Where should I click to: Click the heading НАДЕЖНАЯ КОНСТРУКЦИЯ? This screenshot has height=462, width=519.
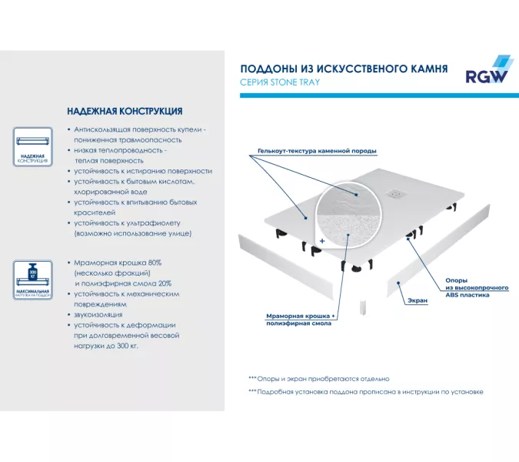[124, 112]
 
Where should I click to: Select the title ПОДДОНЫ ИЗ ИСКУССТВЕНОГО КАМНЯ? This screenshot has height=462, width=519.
[344, 69]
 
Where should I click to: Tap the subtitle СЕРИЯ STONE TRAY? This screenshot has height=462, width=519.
[280, 82]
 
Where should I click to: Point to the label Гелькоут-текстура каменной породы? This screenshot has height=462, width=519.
[317, 151]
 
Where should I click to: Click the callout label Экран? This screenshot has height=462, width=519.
[418, 301]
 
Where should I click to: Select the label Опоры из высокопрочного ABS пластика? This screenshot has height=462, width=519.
[477, 287]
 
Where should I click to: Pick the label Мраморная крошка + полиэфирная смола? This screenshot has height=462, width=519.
[299, 320]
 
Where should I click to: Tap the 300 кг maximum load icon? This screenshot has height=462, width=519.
[32, 276]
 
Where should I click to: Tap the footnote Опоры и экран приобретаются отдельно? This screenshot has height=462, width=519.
[318, 378]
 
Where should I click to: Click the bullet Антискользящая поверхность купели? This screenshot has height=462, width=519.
[138, 136]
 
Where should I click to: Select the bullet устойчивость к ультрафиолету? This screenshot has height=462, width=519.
[132, 227]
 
